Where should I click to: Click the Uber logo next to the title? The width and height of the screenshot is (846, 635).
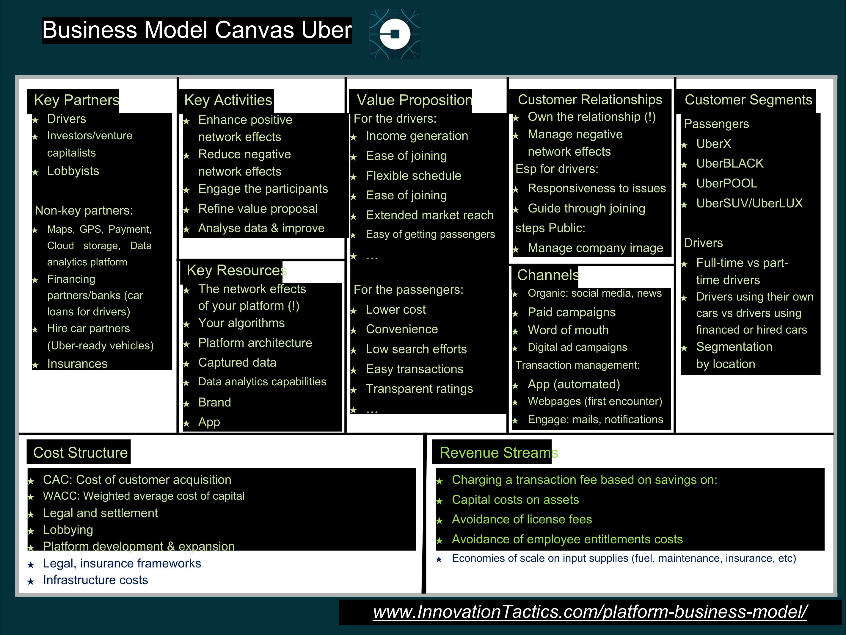395,34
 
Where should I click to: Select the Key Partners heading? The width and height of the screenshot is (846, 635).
76,100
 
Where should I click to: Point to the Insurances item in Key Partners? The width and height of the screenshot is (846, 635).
77,364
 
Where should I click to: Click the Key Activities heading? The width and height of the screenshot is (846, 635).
228,100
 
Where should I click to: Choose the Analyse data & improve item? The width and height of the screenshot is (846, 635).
261,228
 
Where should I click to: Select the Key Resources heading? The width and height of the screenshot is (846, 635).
237,270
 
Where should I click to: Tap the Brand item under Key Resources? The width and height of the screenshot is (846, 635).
215,402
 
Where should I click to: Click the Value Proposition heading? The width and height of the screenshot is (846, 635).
414,100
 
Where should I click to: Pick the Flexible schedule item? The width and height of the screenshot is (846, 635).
413,176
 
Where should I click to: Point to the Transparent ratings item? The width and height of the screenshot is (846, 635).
419,389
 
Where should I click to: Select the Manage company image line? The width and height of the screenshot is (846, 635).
595,248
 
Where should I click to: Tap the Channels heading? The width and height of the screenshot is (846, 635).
548,275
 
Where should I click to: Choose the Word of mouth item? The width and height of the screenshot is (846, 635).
568,330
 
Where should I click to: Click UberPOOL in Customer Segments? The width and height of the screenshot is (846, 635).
726,183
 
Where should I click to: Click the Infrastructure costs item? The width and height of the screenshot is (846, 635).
95,580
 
